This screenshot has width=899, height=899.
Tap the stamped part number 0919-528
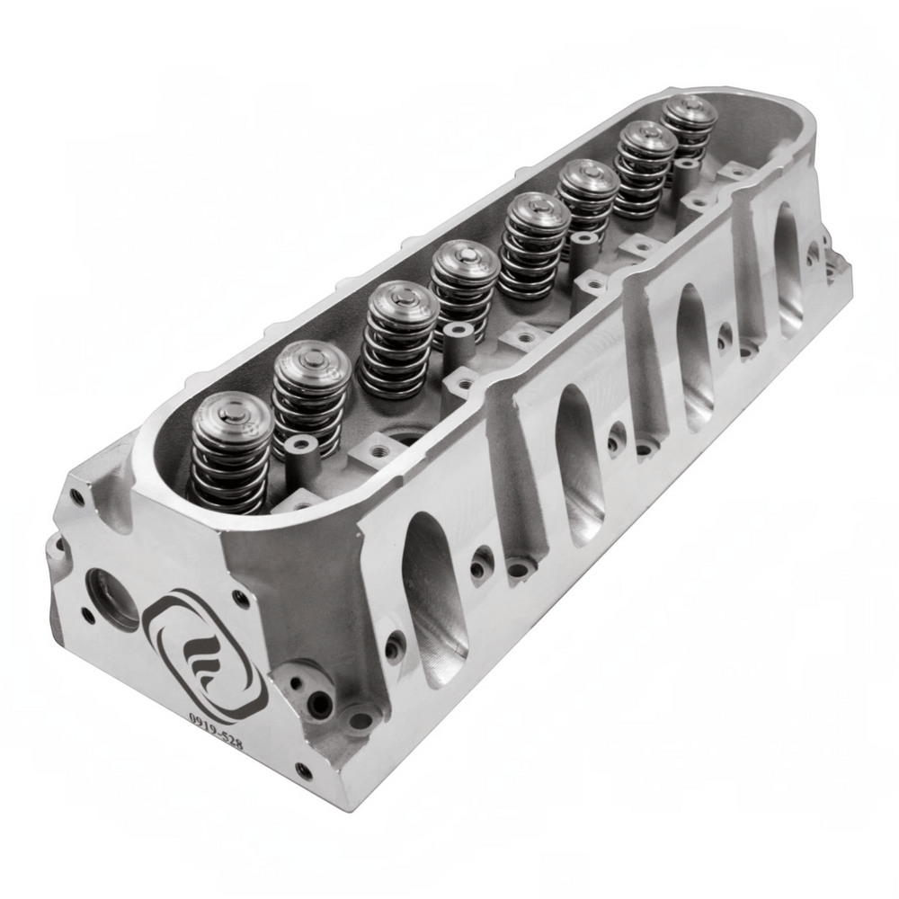click(x=216, y=732)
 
